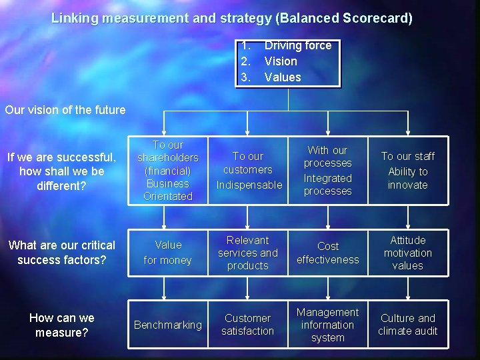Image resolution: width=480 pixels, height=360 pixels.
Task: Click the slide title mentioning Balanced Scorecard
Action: [232, 19]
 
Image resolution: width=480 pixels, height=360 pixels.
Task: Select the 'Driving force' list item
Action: [297, 45]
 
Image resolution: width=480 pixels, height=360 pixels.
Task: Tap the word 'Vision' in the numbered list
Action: [281, 61]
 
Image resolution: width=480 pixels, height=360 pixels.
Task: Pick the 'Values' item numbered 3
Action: [283, 77]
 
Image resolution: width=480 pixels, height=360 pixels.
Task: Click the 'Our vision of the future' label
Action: [65, 110]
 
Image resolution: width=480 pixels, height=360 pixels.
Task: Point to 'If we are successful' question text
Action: [61, 171]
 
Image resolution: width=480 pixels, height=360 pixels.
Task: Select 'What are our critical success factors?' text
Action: [61, 253]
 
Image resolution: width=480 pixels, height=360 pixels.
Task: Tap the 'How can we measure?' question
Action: [62, 325]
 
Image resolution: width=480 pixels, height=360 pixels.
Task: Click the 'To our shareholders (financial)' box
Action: [167, 171]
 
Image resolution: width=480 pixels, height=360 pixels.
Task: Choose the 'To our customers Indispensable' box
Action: [248, 171]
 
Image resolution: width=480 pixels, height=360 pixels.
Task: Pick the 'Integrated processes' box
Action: [328, 171]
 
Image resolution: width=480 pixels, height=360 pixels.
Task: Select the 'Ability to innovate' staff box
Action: [408, 171]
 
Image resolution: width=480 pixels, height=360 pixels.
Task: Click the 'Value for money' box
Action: [167, 253]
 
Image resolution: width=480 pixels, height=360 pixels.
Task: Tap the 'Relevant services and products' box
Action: [248, 253]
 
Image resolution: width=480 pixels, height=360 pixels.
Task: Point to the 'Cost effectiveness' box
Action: [328, 253]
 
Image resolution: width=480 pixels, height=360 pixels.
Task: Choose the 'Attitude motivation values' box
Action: [408, 253]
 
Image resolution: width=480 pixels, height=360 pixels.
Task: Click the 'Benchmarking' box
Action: [167, 325]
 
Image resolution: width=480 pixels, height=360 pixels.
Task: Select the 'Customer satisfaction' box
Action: [248, 325]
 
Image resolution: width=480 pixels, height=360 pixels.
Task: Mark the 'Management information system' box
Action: [328, 325]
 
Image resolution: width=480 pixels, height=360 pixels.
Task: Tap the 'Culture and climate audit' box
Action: [408, 325]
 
